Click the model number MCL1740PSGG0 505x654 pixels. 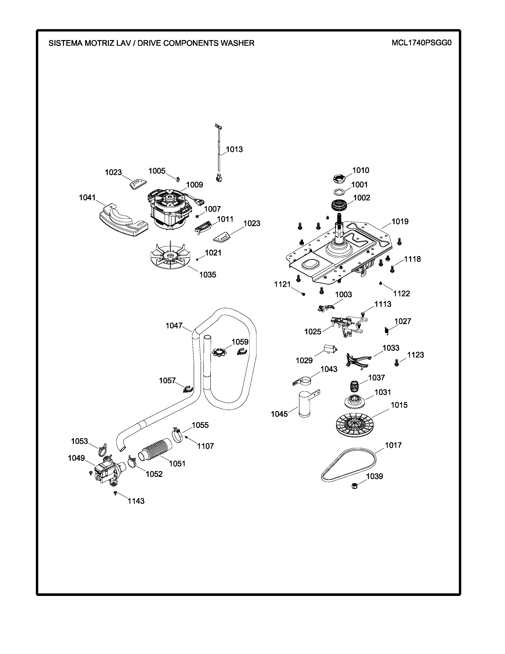tap(421, 43)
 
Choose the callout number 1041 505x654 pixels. tap(87, 198)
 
